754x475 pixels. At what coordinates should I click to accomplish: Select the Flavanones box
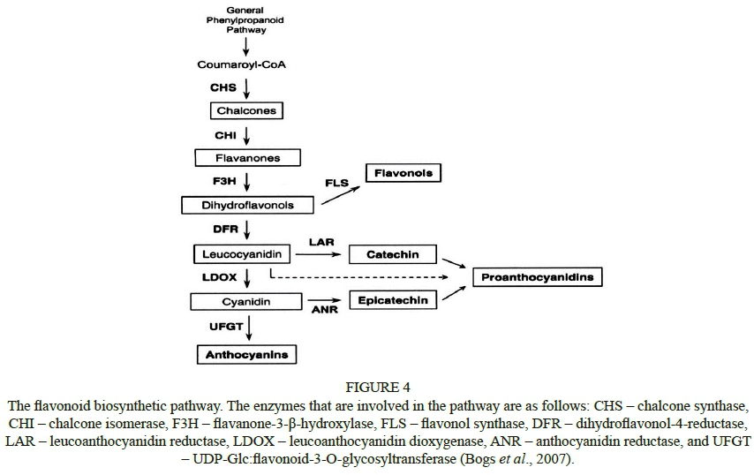pyautogui.click(x=247, y=158)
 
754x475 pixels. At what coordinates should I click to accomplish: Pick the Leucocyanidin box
pyautogui.click(x=241, y=254)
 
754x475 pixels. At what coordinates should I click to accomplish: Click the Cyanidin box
pyautogui.click(x=241, y=302)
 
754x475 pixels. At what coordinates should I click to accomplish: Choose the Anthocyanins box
pyautogui.click(x=246, y=355)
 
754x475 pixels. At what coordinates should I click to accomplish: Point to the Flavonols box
pyautogui.click(x=403, y=173)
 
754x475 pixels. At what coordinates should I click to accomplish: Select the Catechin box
pyautogui.click(x=393, y=254)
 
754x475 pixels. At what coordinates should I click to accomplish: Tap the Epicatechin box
pyautogui.click(x=393, y=300)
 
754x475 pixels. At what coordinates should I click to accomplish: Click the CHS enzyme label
pyautogui.click(x=222, y=87)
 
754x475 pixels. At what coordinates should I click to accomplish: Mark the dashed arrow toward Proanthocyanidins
pyautogui.click(x=371, y=278)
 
